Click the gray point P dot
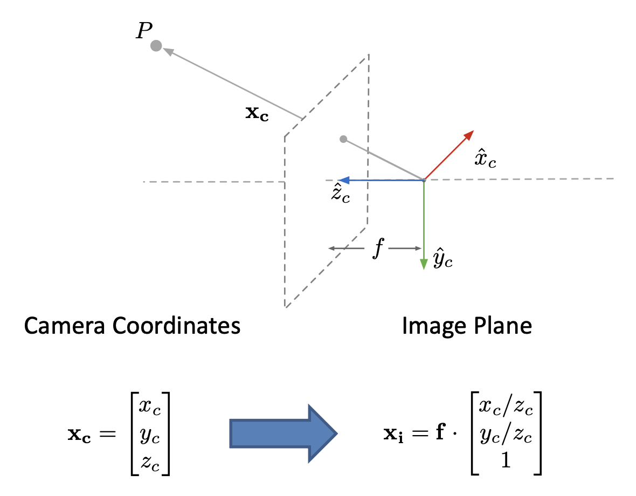156,46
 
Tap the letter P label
143,31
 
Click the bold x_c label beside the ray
257,114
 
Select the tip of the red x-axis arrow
472,131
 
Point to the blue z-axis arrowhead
341,180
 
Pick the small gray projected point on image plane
343,139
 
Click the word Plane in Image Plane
504,326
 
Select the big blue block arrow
283,433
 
